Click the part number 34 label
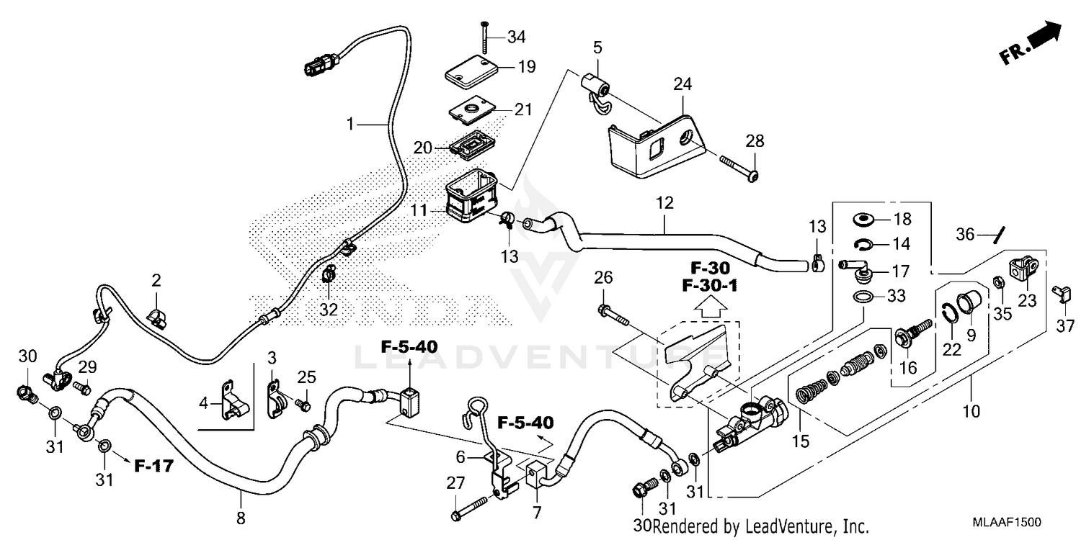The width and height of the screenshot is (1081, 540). pyautogui.click(x=517, y=36)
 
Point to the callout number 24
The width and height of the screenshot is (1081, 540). pyautogui.click(x=682, y=84)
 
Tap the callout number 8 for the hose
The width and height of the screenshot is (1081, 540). pyautogui.click(x=241, y=517)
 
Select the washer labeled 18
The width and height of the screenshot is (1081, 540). pyautogui.click(x=863, y=220)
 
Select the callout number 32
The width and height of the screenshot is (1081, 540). pyautogui.click(x=329, y=310)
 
